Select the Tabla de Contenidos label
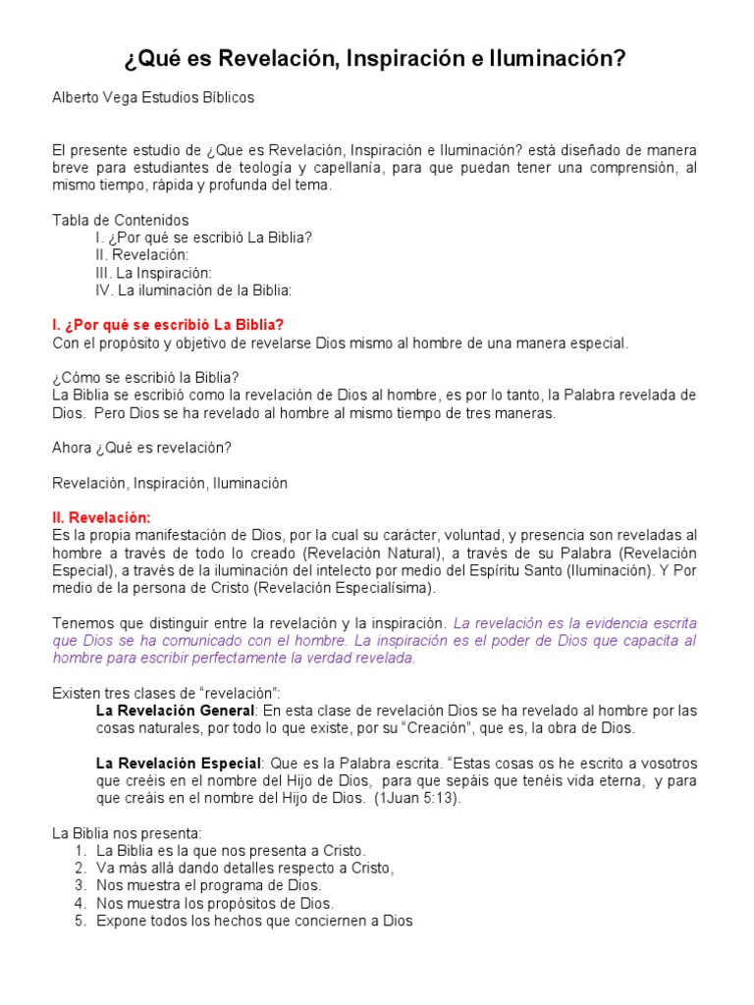(120, 220)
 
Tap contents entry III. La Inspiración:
(153, 273)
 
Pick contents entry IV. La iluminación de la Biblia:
(193, 291)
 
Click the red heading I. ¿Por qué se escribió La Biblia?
(168, 325)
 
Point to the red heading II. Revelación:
(101, 517)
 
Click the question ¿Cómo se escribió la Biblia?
(145, 378)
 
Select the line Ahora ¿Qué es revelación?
(140, 448)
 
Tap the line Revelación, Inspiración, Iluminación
(169, 483)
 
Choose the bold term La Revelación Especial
(179, 763)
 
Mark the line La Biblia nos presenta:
(127, 832)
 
